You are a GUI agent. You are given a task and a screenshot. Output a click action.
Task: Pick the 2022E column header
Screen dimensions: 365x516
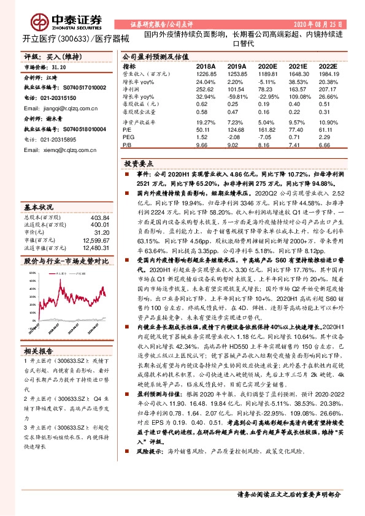pos(328,66)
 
